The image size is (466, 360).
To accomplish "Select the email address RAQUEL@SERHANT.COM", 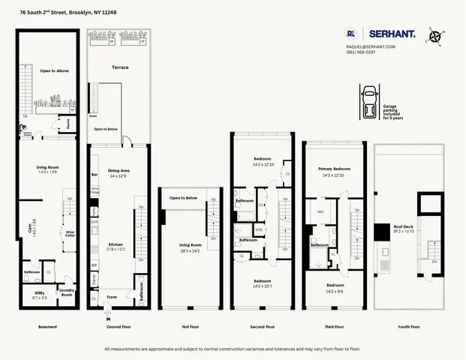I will pyautogui.click(x=370, y=46).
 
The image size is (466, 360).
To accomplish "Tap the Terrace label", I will pyautogui.click(x=120, y=67).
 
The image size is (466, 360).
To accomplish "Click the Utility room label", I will pyautogui.click(x=40, y=294).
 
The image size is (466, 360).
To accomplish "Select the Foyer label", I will pyautogui.click(x=112, y=297).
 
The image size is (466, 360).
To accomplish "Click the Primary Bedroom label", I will pyautogui.click(x=335, y=169).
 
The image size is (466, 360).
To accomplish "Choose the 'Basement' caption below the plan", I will pyautogui.click(x=48, y=327).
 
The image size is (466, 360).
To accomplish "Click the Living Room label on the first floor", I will pyautogui.click(x=191, y=245).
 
